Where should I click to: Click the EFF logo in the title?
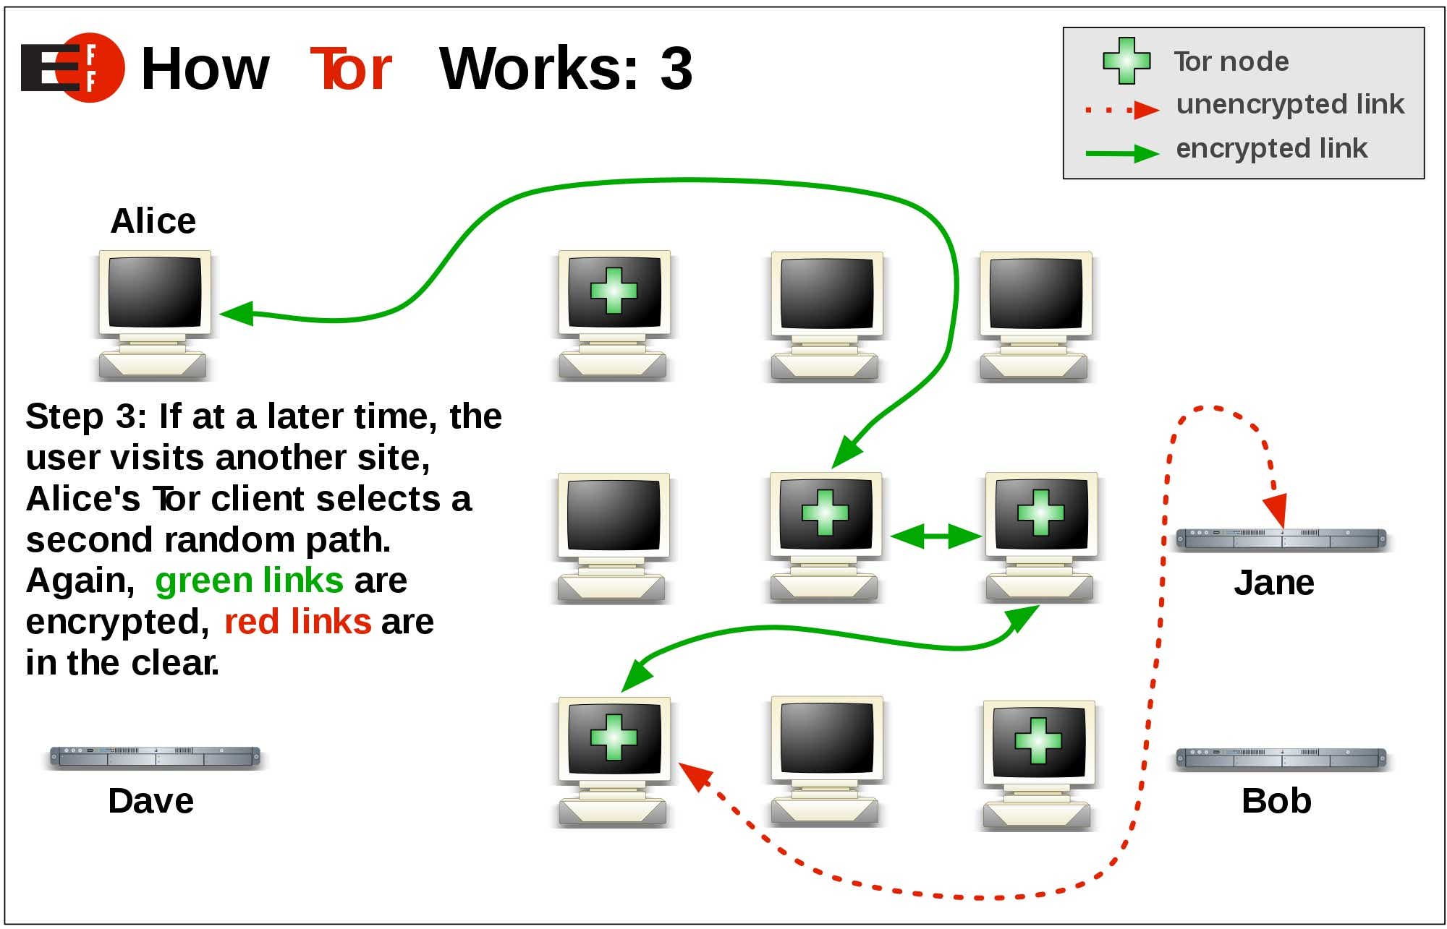(x=72, y=67)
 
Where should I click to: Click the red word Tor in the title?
(x=351, y=69)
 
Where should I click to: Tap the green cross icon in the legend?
(x=1126, y=61)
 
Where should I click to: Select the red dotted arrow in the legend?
(x=1121, y=110)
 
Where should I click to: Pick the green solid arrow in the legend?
(x=1121, y=153)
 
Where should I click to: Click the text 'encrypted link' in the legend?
(x=1271, y=148)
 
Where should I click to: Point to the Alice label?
(x=153, y=221)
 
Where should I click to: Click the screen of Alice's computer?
(x=154, y=291)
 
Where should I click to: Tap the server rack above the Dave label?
(x=154, y=756)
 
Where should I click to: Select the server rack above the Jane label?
(x=1281, y=539)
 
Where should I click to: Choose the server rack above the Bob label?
(x=1281, y=758)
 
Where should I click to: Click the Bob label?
(x=1276, y=801)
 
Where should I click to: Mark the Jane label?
(x=1273, y=583)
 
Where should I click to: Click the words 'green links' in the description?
(x=249, y=581)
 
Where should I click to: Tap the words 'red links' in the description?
(x=297, y=622)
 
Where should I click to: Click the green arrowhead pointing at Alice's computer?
(x=237, y=314)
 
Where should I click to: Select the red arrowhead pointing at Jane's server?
(x=1277, y=509)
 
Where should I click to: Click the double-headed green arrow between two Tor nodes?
(x=935, y=536)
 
